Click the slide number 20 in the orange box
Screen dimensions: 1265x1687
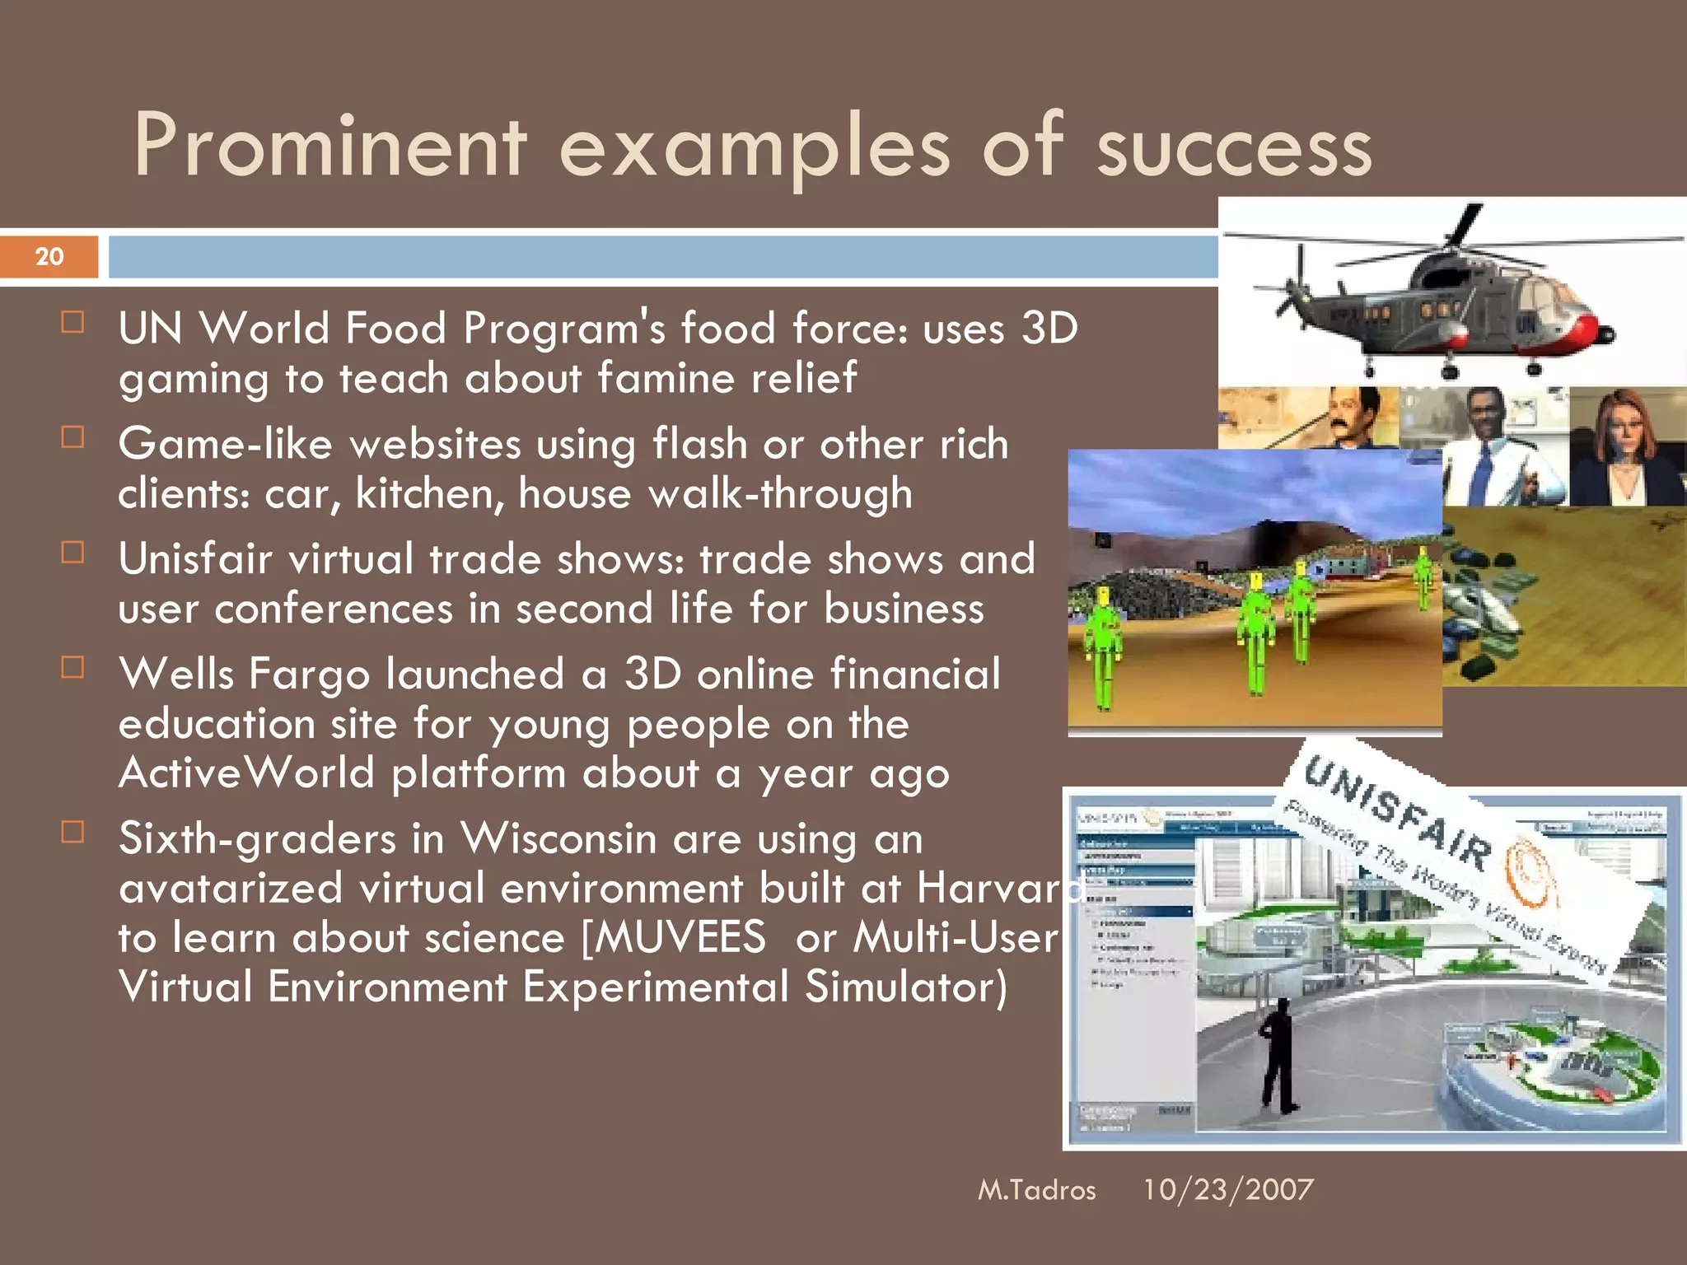tap(49, 256)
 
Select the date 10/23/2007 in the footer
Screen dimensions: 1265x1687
tap(1227, 1189)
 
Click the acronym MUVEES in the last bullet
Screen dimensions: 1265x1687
tap(675, 938)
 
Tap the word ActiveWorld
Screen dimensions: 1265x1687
tap(247, 773)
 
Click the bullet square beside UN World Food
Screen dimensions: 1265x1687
tap(73, 322)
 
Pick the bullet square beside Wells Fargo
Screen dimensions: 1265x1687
tap(73, 667)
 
